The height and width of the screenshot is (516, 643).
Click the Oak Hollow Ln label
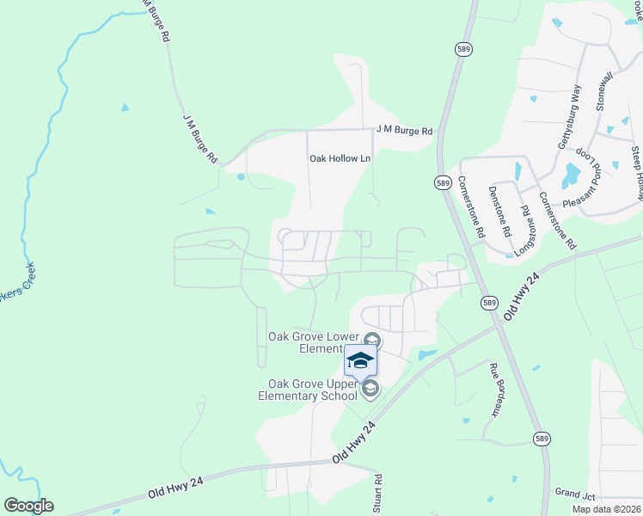click(x=340, y=158)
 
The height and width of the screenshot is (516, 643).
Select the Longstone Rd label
click(x=524, y=227)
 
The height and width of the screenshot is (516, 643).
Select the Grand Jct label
click(x=575, y=494)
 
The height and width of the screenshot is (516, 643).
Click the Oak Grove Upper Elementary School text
click(x=308, y=390)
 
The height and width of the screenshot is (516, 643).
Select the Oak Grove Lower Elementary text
click(x=312, y=342)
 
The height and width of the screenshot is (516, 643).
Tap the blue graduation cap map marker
click(x=360, y=359)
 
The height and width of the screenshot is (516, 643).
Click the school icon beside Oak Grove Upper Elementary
click(x=370, y=390)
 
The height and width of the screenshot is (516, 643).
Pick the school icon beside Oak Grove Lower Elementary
click(x=371, y=338)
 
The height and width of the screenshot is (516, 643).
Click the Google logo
click(x=28, y=506)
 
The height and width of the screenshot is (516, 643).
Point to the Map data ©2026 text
click(x=605, y=509)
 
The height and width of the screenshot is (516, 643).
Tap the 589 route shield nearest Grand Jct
click(x=541, y=438)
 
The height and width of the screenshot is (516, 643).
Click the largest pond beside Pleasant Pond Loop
click(x=571, y=175)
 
